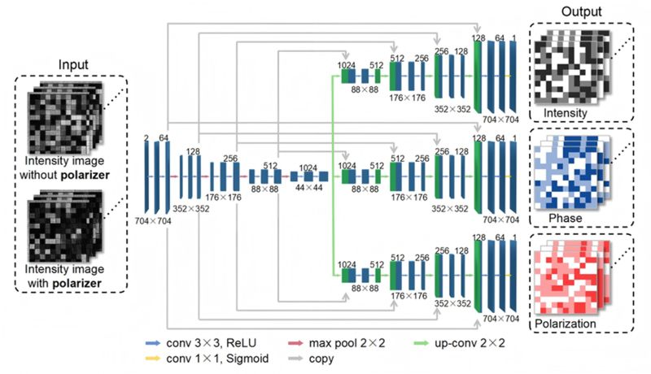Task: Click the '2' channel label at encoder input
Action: pyautogui.click(x=145, y=139)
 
